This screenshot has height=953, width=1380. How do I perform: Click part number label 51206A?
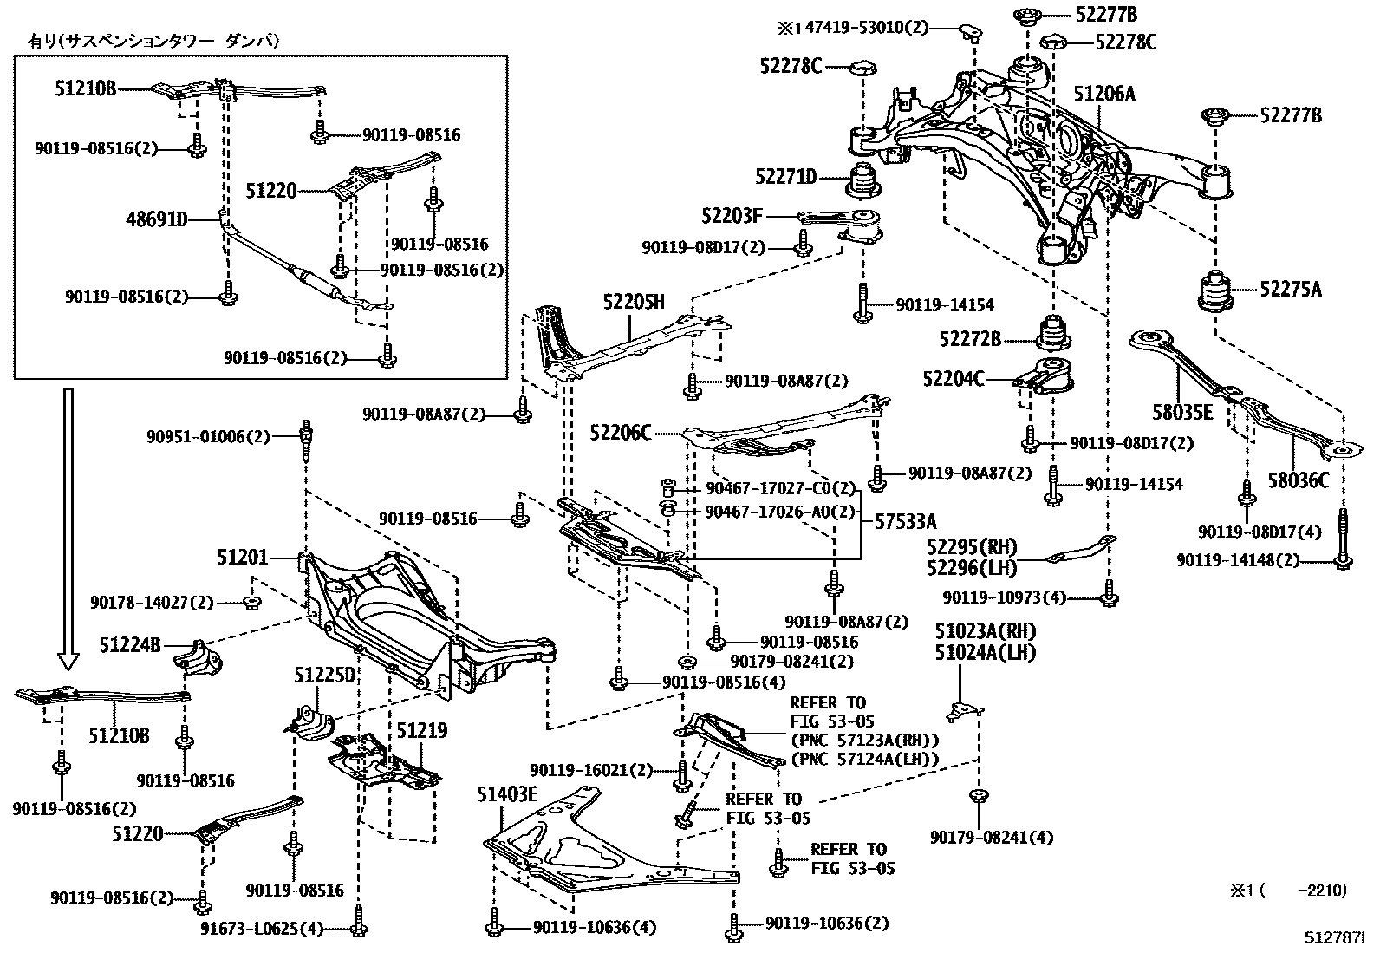[1103, 94]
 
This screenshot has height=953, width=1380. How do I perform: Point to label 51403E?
[508, 793]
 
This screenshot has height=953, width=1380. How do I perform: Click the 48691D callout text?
[157, 219]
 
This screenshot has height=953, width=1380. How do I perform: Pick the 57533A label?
[906, 521]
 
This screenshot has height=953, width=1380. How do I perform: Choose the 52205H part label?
[634, 302]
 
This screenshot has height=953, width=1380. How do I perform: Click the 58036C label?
[1299, 479]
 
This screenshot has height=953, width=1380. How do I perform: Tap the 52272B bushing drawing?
[1053, 335]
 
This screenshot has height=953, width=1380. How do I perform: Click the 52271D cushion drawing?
[863, 180]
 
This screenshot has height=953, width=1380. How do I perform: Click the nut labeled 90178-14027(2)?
[250, 602]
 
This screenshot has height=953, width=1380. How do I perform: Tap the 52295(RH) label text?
[971, 547]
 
